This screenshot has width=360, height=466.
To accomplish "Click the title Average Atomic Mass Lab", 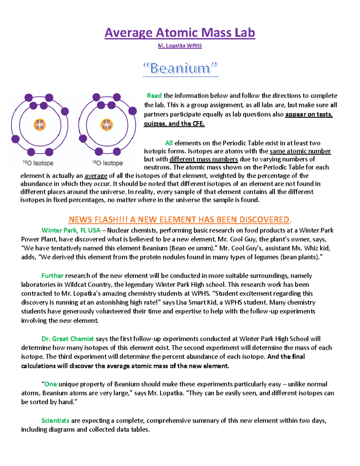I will [180, 33].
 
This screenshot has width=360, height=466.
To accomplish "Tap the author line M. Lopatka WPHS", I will [180, 46].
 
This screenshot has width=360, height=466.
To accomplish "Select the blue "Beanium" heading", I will [180, 69].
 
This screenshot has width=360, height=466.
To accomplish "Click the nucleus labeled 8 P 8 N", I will [40, 125].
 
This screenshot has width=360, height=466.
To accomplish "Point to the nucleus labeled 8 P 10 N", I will [106, 125].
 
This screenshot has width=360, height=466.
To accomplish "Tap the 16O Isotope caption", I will [38, 163].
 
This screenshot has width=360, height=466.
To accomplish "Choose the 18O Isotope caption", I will [107, 163].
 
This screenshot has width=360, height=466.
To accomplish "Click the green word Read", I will [154, 96].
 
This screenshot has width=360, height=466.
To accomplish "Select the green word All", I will [169, 143].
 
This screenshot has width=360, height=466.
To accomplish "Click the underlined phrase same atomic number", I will [300, 151].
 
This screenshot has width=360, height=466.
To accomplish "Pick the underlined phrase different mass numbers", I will [203, 159].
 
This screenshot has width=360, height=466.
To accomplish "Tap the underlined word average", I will [96, 176].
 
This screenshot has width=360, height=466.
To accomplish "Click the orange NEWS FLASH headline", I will [180, 220].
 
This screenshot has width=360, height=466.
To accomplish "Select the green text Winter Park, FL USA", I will [71, 230].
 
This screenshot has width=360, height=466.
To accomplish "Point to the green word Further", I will [52, 276].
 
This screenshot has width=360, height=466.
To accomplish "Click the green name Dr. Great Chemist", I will [67, 339].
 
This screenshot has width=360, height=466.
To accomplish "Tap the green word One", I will [51, 384].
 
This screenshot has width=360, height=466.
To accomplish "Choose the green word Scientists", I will [55, 421].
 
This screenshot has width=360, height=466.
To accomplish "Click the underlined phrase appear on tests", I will [309, 114].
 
